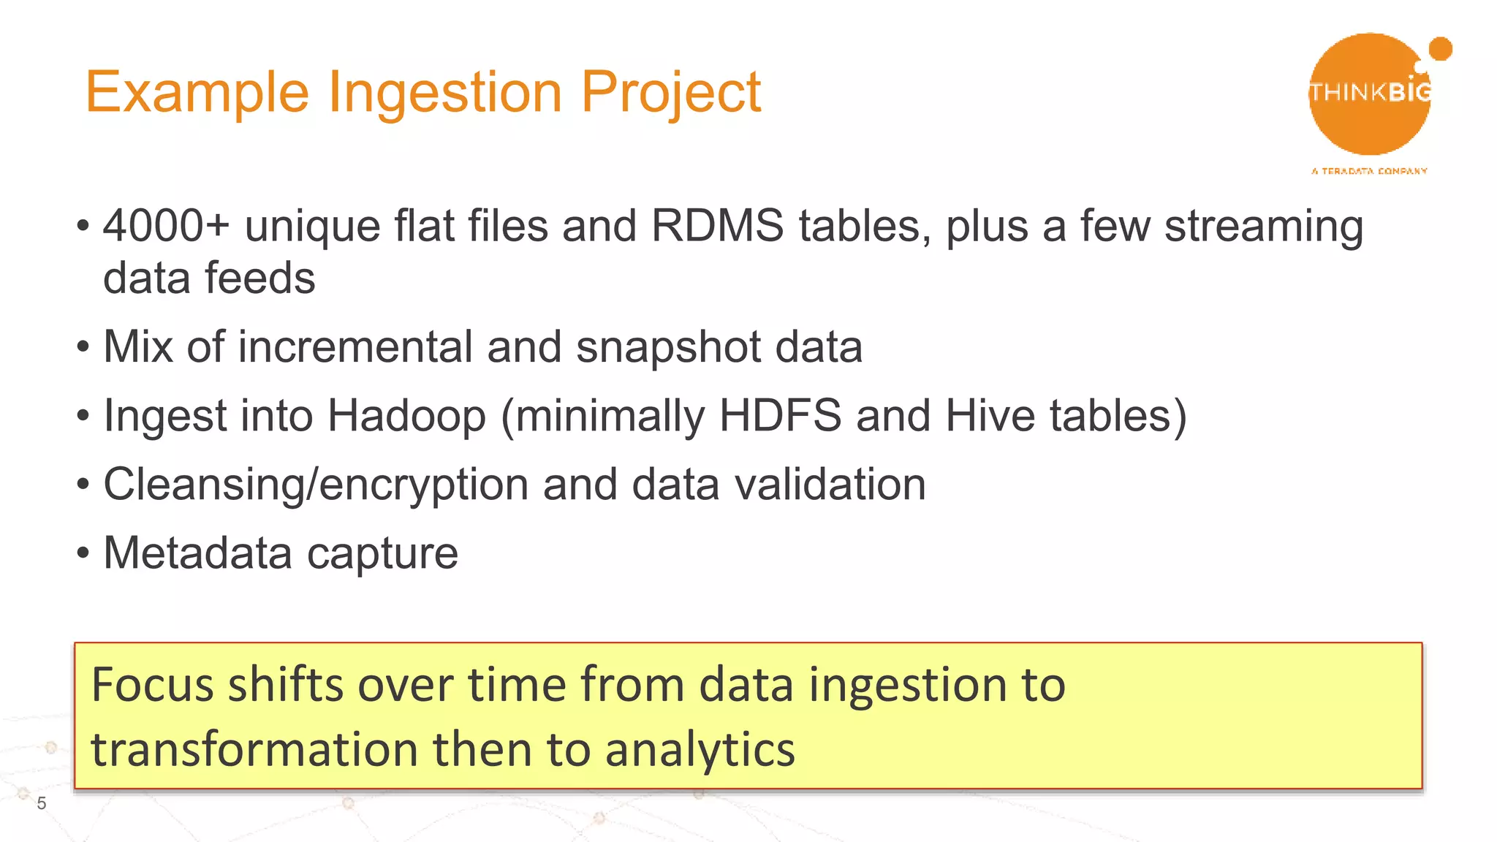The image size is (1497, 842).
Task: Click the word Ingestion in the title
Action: click(x=445, y=94)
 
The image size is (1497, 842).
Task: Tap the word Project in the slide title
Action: click(x=670, y=92)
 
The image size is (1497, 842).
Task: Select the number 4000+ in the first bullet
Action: click(x=166, y=226)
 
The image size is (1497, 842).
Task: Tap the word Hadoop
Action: click(x=406, y=417)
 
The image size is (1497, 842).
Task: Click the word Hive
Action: click(x=990, y=415)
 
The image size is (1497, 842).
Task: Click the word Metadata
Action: click(x=197, y=553)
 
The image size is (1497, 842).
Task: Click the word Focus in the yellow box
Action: click(x=153, y=686)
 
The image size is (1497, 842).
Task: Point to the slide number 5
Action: click(x=42, y=803)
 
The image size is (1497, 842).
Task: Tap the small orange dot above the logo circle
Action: click(x=1440, y=49)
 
